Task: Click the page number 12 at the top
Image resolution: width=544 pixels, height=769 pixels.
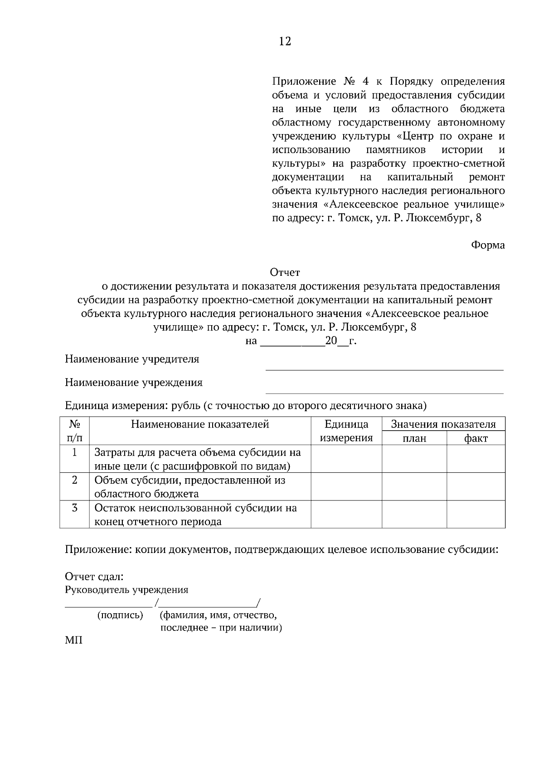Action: [285, 42]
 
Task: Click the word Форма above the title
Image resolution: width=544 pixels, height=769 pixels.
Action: [488, 245]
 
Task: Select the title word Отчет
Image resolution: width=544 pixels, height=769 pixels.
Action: [285, 272]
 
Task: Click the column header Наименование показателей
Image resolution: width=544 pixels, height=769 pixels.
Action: [200, 424]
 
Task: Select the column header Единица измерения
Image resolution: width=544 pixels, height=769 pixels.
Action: [346, 431]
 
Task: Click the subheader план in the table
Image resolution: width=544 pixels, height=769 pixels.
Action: [414, 438]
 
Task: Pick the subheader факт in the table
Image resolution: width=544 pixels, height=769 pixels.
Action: [476, 438]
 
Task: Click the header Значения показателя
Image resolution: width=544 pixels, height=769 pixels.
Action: [443, 424]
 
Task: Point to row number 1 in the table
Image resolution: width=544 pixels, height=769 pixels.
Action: [74, 452]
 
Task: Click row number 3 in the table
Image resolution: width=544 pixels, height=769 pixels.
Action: [74, 508]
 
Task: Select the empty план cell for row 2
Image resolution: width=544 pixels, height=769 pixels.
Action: [414, 487]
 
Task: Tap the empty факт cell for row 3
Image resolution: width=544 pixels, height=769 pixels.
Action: [476, 514]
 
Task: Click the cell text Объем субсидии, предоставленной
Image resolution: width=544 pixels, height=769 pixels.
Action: [189, 480]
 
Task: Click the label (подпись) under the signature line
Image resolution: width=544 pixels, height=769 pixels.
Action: [120, 615]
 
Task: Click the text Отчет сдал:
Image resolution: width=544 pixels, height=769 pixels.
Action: [94, 577]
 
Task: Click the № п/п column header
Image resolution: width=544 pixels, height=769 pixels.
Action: [74, 431]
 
